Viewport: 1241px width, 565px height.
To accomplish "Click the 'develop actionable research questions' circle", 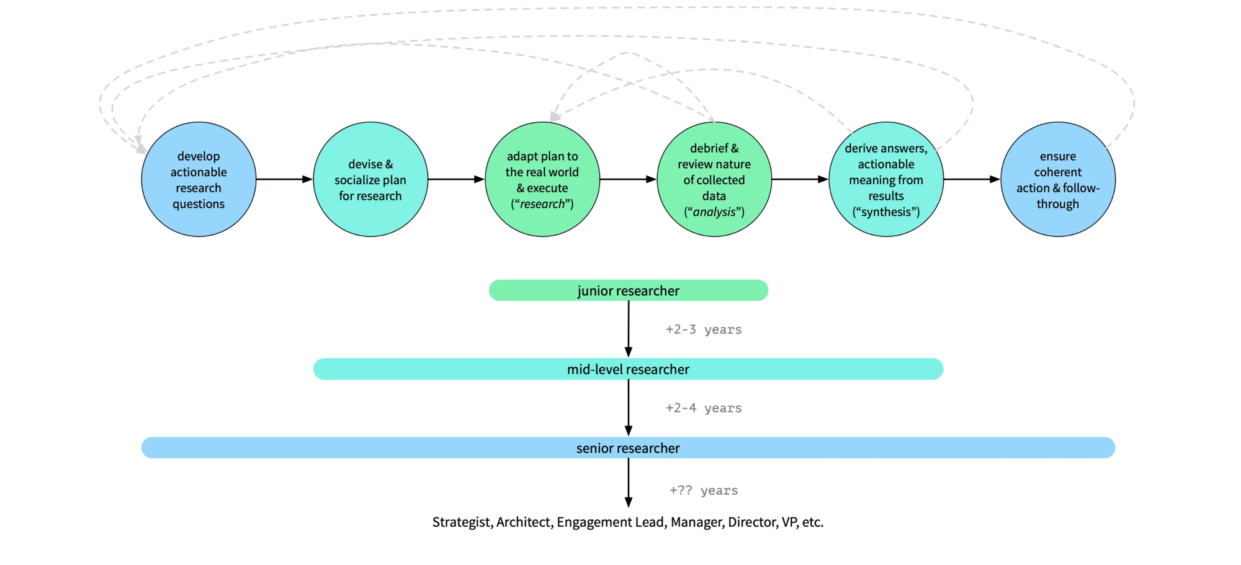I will [199, 179].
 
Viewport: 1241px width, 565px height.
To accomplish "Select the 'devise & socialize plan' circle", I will [370, 179].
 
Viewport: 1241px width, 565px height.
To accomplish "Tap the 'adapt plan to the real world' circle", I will [542, 179].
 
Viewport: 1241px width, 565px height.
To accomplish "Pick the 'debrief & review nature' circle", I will [714, 179].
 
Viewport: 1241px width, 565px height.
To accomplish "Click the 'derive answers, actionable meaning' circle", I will [886, 179].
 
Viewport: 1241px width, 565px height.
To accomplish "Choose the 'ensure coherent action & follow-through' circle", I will [1058, 179].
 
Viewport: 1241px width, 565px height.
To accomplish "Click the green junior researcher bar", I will [628, 290].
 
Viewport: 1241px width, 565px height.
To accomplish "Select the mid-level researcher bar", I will [628, 369].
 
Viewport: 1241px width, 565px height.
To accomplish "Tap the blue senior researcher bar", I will [628, 448].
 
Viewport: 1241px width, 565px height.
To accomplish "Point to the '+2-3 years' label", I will [704, 329].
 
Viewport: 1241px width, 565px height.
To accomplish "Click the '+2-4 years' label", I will [704, 408].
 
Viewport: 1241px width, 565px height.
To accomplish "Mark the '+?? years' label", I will [704, 491].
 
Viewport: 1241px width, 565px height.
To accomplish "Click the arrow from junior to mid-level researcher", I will [629, 329].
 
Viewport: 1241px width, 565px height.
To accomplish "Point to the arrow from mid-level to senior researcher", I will [629, 407].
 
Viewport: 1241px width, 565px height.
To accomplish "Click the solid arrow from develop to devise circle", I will [284, 179].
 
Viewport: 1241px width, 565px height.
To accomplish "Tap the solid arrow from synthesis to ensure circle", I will [972, 179].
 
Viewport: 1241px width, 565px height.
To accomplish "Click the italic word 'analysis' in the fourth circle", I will [714, 212].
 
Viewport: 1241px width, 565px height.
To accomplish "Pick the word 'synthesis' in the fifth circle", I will [886, 212].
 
